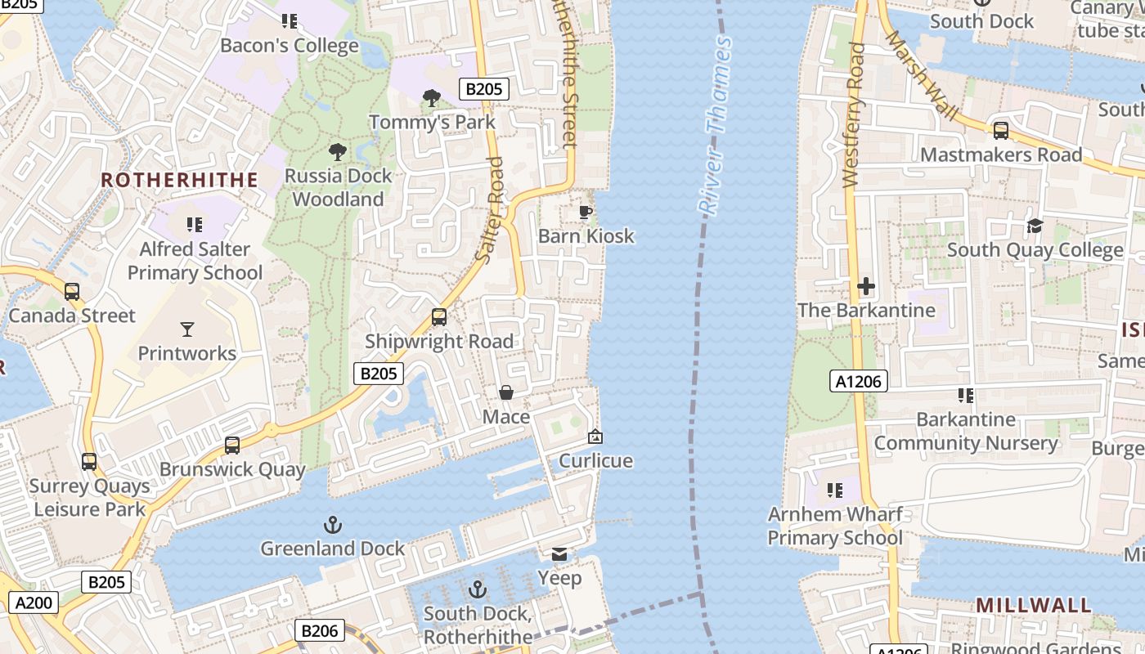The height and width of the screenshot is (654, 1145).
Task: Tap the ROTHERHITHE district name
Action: (x=179, y=180)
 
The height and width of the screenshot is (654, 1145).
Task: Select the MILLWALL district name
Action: (x=1034, y=606)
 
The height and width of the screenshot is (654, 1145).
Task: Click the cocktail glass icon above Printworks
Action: (x=187, y=329)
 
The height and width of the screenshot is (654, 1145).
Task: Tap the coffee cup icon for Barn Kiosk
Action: (x=586, y=213)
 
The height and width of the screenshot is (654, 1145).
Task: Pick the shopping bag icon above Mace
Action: (x=506, y=393)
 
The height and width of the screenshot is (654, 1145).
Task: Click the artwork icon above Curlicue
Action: (x=595, y=437)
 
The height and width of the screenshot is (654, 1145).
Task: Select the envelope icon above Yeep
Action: (x=559, y=555)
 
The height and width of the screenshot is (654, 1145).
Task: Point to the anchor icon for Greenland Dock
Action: (x=333, y=525)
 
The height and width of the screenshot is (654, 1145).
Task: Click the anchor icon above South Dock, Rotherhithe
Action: (x=478, y=590)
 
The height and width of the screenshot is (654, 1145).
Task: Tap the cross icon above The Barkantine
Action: (x=866, y=287)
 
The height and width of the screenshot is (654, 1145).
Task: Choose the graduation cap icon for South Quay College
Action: (x=1035, y=226)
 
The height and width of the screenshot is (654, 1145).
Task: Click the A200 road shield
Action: (x=34, y=603)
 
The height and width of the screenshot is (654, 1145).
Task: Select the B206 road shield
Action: (x=319, y=631)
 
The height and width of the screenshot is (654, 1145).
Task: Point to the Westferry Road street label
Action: (x=853, y=114)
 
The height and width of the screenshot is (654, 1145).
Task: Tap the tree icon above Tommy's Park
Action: (x=432, y=99)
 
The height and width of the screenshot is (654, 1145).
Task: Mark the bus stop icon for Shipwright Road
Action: (x=439, y=317)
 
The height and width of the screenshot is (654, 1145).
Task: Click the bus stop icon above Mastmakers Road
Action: (x=1000, y=131)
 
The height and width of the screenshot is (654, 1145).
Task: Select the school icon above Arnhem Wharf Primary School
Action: (x=834, y=490)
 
